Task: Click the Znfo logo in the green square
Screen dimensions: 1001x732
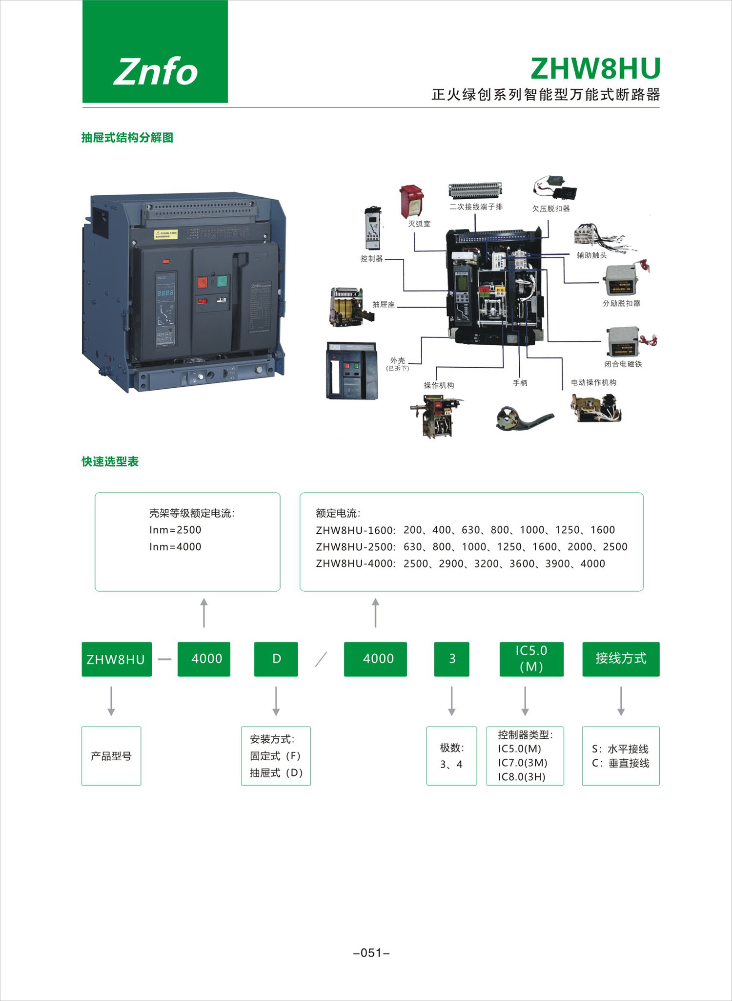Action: [x=155, y=71]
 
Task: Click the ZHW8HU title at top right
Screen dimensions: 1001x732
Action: [x=595, y=69]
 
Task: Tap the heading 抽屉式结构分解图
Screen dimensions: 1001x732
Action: [x=127, y=138]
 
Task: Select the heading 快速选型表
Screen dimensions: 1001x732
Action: [x=110, y=461]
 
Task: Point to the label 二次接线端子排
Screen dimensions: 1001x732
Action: [x=476, y=207]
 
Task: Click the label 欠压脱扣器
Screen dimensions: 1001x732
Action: [x=551, y=209]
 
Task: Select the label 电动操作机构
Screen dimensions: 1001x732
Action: [x=593, y=382]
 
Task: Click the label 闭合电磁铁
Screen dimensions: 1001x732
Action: [x=623, y=364]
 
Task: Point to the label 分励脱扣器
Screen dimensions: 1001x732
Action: [x=621, y=303]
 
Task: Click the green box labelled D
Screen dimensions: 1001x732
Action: [x=276, y=659]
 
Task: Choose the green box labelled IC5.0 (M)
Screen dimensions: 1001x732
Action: [x=531, y=659]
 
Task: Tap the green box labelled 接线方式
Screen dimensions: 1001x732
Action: [x=621, y=659]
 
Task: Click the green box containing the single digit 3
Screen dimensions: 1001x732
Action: [x=452, y=659]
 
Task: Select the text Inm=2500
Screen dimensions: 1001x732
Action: [x=175, y=530]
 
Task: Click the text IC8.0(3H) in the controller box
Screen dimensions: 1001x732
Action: [x=522, y=777]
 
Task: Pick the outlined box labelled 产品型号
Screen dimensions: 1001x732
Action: [x=111, y=756]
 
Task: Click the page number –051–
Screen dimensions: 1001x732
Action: [x=371, y=953]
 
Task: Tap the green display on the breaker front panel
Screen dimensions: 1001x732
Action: [x=165, y=292]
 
